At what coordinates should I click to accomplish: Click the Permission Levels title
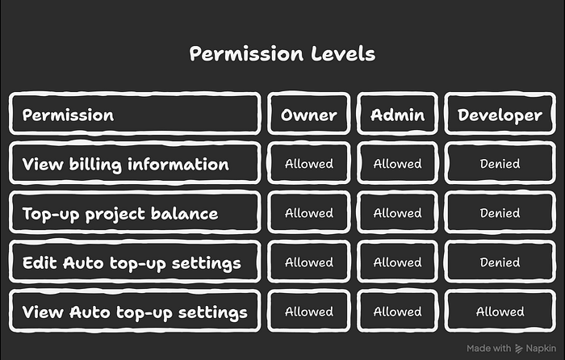pos(282,54)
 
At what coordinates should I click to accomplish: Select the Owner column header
pos(309,114)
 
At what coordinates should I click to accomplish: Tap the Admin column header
pos(397,114)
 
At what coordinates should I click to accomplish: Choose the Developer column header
pos(500,114)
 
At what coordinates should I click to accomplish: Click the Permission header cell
pos(135,114)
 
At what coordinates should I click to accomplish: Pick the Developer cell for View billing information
pos(500,163)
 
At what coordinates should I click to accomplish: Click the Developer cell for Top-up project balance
pos(500,212)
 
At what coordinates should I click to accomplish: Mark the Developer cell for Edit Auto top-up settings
pos(500,262)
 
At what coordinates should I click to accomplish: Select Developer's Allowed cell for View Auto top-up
pos(500,311)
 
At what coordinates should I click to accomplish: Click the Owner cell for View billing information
pos(309,163)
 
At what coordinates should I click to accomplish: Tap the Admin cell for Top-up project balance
pos(397,212)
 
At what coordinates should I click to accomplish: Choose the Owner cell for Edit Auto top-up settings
pos(309,262)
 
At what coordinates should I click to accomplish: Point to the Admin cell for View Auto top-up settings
pos(397,311)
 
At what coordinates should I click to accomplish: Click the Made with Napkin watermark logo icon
pos(518,349)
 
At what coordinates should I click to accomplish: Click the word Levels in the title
pos(343,54)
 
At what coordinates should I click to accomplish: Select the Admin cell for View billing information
pos(397,163)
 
